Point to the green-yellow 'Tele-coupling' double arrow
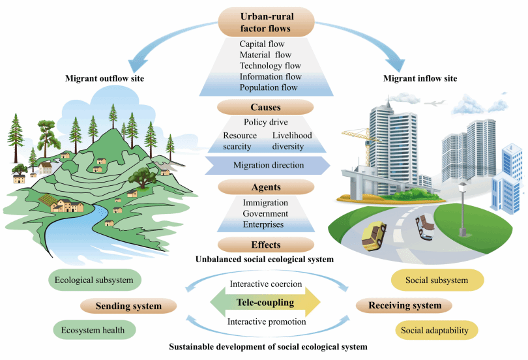[265, 303]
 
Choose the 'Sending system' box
[129, 305]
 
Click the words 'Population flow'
[268, 87]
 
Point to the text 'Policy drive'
[265, 122]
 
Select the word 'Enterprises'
[263, 224]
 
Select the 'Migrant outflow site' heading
[104, 79]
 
